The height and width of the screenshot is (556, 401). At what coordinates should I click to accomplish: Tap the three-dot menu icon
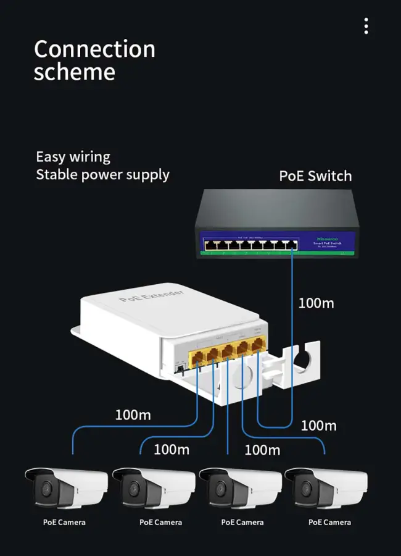pyautogui.click(x=366, y=26)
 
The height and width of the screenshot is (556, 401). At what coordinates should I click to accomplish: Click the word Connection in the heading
pyautogui.click(x=94, y=49)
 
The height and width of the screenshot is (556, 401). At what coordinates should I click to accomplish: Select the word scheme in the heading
pyautogui.click(x=74, y=72)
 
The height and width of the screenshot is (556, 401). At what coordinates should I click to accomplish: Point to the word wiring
pyautogui.click(x=89, y=157)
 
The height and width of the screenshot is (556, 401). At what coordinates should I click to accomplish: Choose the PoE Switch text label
pyautogui.click(x=315, y=176)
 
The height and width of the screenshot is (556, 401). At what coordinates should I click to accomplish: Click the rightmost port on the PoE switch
pyautogui.click(x=291, y=245)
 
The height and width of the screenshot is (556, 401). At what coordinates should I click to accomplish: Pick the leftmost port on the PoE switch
pyautogui.click(x=210, y=245)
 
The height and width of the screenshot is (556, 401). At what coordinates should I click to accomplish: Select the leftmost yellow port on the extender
pyautogui.click(x=199, y=356)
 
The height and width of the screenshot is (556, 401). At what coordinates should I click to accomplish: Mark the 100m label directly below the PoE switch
pyautogui.click(x=316, y=303)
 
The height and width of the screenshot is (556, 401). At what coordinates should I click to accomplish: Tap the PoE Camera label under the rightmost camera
pyautogui.click(x=329, y=523)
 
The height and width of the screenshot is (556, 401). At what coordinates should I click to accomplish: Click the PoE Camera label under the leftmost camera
pyautogui.click(x=64, y=523)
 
